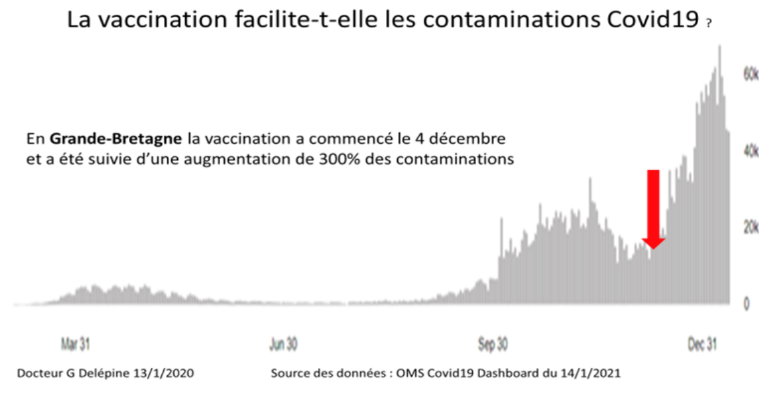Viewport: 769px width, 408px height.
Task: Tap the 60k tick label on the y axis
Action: tap(751, 74)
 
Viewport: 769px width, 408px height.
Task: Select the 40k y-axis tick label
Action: tap(751, 151)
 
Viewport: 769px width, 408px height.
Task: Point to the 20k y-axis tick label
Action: tap(751, 228)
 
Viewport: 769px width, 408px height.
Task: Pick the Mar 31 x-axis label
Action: tap(76, 344)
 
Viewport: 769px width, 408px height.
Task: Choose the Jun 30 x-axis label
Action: tap(284, 344)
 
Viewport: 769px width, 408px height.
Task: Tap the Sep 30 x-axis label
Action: tap(493, 344)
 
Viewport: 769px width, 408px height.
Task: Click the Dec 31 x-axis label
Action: tap(703, 344)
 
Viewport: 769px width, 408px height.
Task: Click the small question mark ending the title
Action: tap(707, 23)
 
